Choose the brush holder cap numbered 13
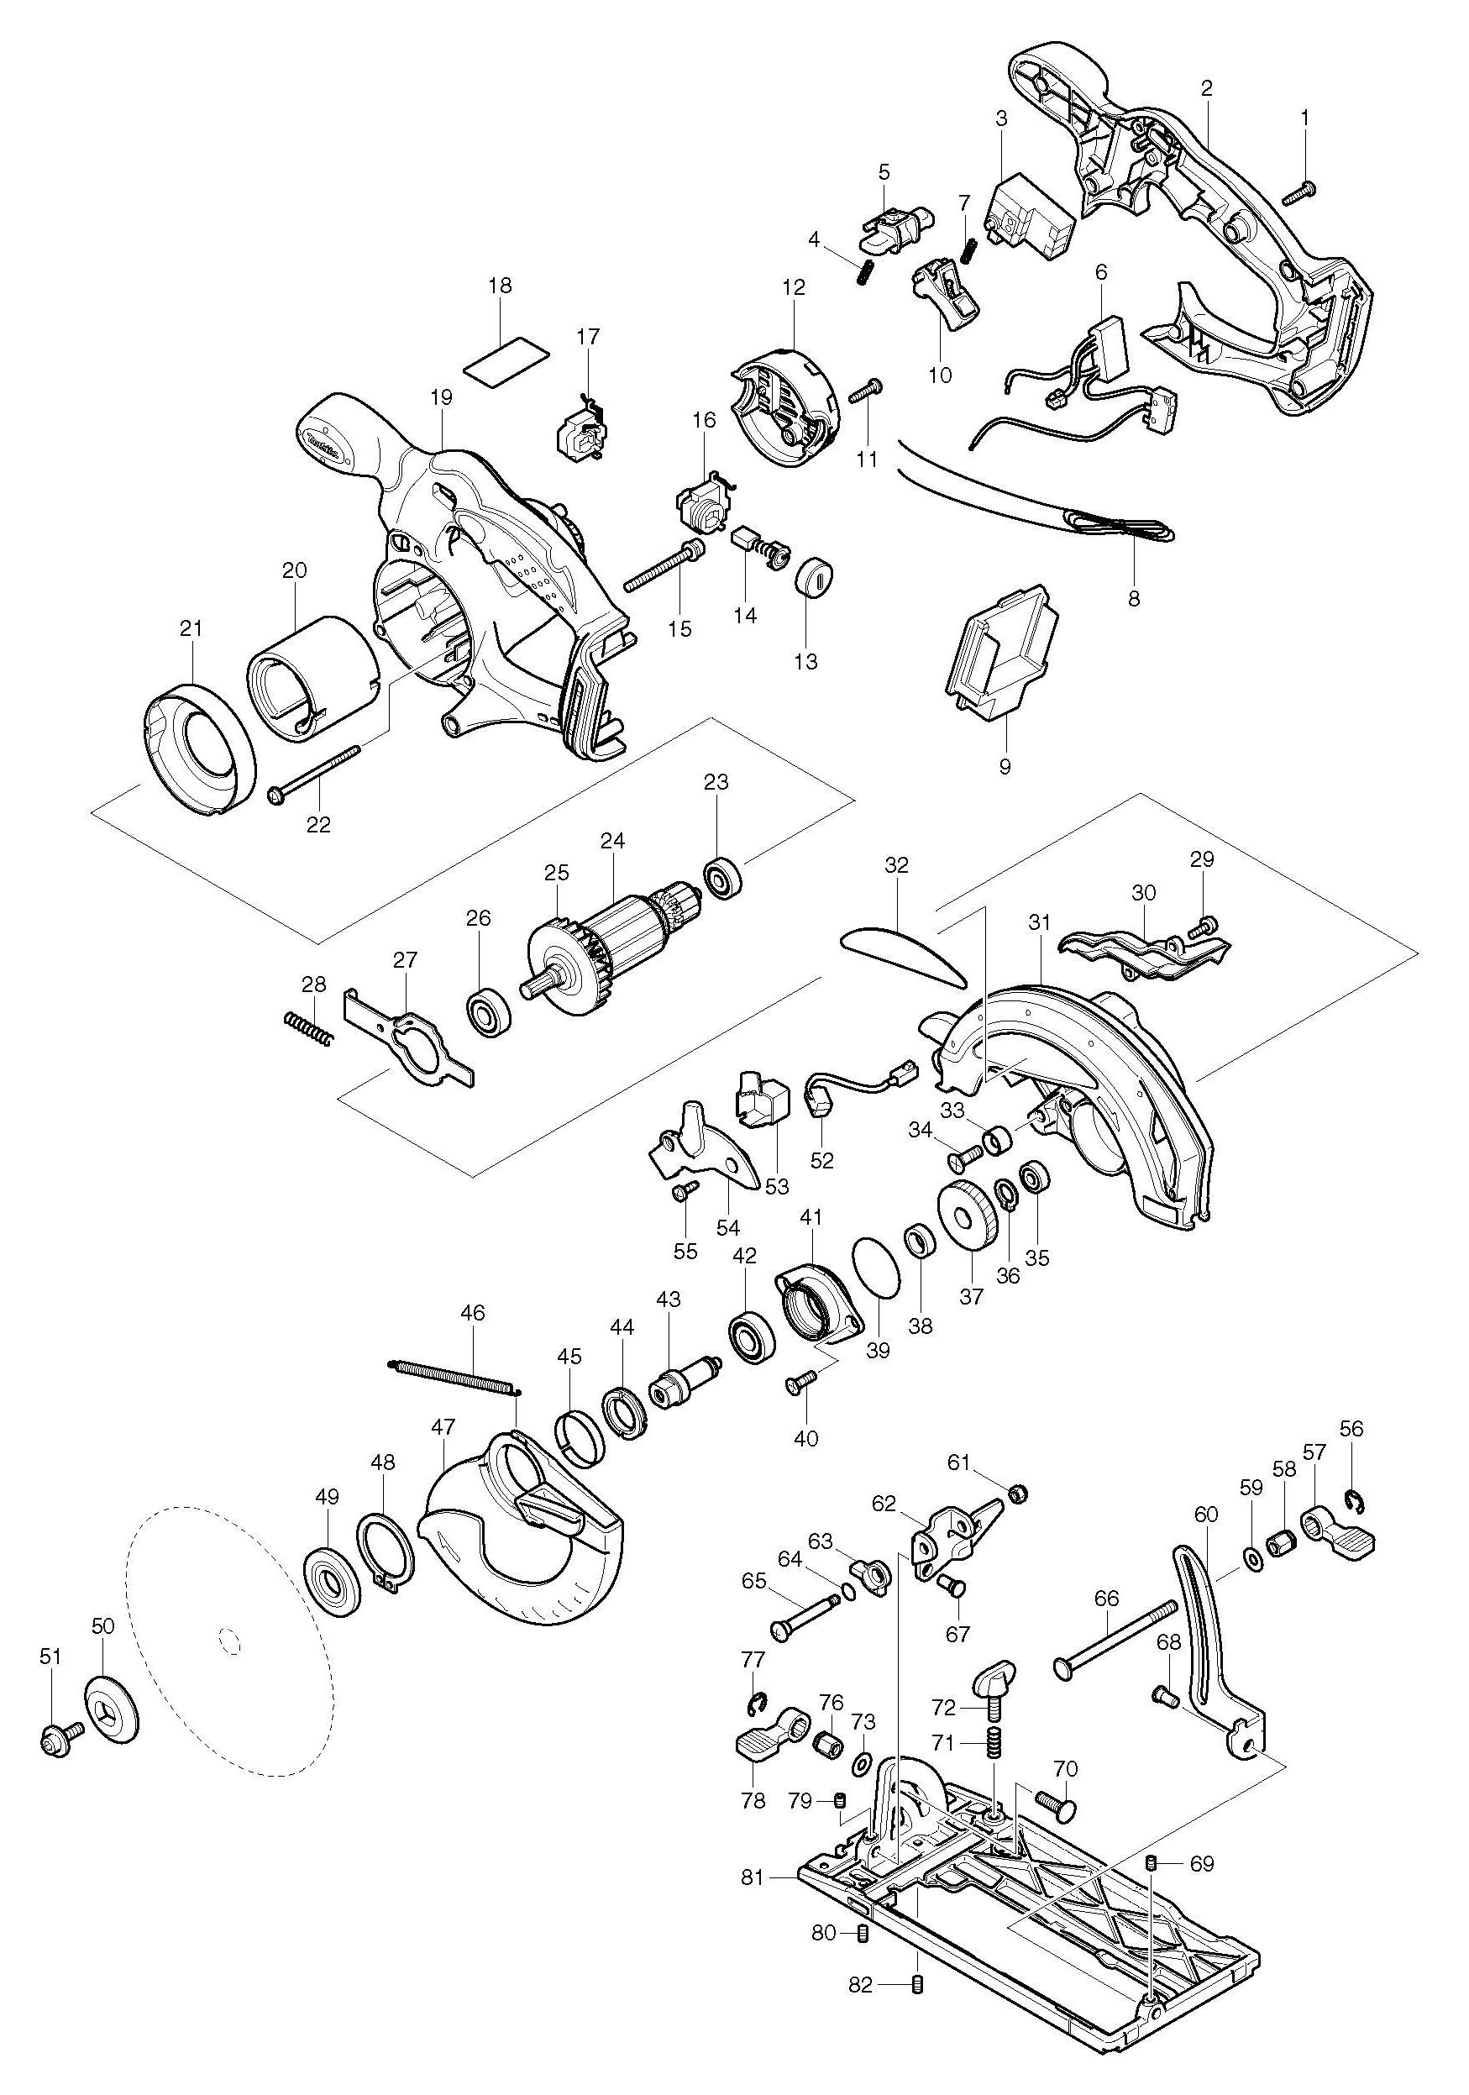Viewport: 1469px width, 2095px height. pyautogui.click(x=814, y=577)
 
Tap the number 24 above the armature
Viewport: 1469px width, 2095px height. pyautogui.click(x=612, y=840)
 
